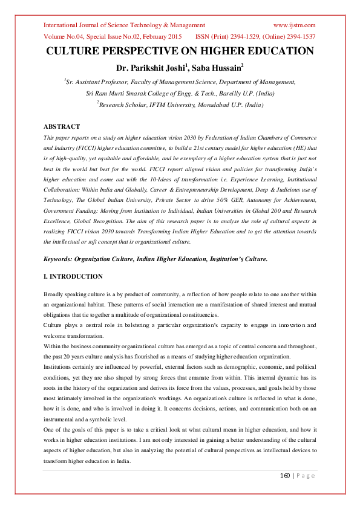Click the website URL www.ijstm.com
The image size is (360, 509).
[295, 25]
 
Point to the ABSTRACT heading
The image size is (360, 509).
[62, 127]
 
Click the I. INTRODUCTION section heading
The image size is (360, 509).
[73, 277]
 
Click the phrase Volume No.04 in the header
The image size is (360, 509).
[64, 36]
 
